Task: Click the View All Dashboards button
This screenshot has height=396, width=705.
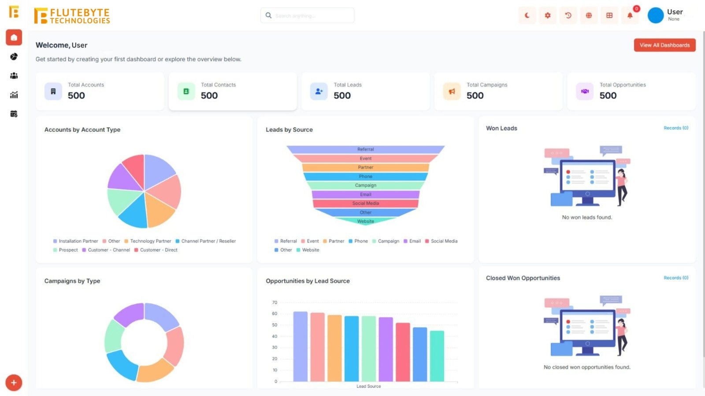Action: pyautogui.click(x=664, y=45)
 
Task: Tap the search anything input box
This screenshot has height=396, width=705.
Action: pyautogui.click(x=308, y=15)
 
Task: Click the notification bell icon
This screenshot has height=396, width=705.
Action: pyautogui.click(x=630, y=15)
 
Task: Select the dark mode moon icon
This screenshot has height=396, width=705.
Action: pyautogui.click(x=527, y=15)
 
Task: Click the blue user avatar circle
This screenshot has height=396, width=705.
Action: pyautogui.click(x=655, y=15)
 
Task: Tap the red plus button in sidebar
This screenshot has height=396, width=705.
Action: pyautogui.click(x=14, y=383)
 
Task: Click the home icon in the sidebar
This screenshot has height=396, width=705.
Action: pyautogui.click(x=14, y=37)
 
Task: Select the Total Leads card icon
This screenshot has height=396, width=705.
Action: pyautogui.click(x=319, y=91)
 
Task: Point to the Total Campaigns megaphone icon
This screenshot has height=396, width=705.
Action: pyautogui.click(x=452, y=91)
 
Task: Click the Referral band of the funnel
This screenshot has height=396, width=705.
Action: pyautogui.click(x=365, y=149)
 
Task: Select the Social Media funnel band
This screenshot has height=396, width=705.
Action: pyautogui.click(x=365, y=203)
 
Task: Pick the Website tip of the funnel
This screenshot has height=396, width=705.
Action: pyautogui.click(x=365, y=221)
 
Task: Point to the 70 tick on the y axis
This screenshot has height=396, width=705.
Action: pyautogui.click(x=275, y=303)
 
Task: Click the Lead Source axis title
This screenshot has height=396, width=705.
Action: pyautogui.click(x=368, y=386)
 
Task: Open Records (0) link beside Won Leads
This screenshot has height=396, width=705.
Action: pyautogui.click(x=676, y=128)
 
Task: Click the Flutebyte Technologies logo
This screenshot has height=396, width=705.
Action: pyautogui.click(x=72, y=16)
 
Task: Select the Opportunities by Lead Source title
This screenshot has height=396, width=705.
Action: pyautogui.click(x=308, y=281)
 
